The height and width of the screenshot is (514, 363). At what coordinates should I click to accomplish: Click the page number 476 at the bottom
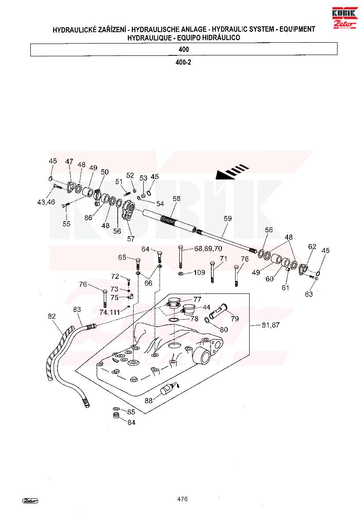tap(182, 499)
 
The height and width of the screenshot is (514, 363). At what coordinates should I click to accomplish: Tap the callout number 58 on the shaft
tap(177, 199)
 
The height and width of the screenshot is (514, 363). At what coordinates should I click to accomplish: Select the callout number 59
tap(227, 219)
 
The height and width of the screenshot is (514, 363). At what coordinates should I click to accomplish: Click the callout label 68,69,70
tap(208, 249)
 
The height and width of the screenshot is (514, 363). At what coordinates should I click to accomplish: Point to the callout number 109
tap(199, 273)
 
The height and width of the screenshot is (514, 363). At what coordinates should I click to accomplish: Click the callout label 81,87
tap(271, 325)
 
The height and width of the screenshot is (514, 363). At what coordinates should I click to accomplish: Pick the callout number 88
tap(149, 401)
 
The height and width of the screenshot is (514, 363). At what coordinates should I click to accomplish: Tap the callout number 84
tap(131, 423)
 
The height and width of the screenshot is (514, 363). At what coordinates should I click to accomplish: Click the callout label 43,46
tap(46, 202)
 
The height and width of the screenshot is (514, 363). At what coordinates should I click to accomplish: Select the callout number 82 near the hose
tap(52, 316)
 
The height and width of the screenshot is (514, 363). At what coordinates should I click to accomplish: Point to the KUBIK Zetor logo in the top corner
tap(345, 18)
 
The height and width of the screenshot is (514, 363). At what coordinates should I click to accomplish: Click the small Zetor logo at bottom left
tap(30, 500)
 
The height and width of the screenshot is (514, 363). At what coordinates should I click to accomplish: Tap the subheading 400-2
tap(183, 62)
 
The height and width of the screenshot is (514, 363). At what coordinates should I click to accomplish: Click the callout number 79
tap(235, 319)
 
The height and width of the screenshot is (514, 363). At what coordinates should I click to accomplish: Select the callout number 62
tap(312, 247)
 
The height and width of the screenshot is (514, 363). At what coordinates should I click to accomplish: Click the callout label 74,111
tap(110, 312)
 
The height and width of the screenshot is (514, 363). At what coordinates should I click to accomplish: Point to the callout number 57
tap(131, 239)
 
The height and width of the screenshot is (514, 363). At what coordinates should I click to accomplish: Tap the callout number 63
tap(309, 294)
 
